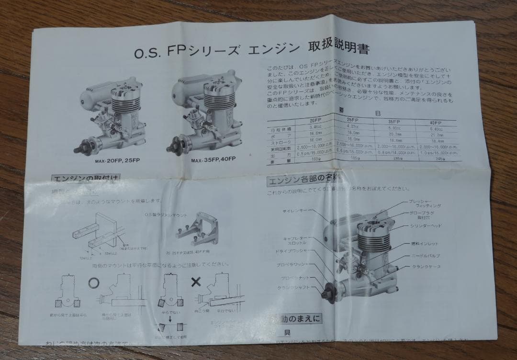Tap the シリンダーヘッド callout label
pyautogui.click(x=426, y=225)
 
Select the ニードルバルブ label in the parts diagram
pyautogui.click(x=424, y=255)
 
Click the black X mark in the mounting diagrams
pyautogui.click(x=196, y=281)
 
